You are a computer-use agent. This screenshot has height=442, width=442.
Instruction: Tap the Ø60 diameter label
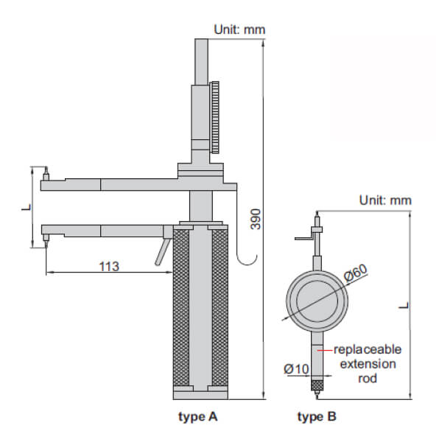pyautogui.click(x=356, y=273)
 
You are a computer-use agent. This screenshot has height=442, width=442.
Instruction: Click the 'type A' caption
pyautogui.click(x=198, y=417)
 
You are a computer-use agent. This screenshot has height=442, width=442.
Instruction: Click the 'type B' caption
pyautogui.click(x=317, y=417)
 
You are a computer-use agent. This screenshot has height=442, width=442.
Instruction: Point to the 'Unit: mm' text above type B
pyautogui.click(x=385, y=200)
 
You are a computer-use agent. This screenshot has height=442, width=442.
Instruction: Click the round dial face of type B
pyautogui.click(x=317, y=301)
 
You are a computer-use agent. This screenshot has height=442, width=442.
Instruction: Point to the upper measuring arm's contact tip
pyautogui.click(x=46, y=174)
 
